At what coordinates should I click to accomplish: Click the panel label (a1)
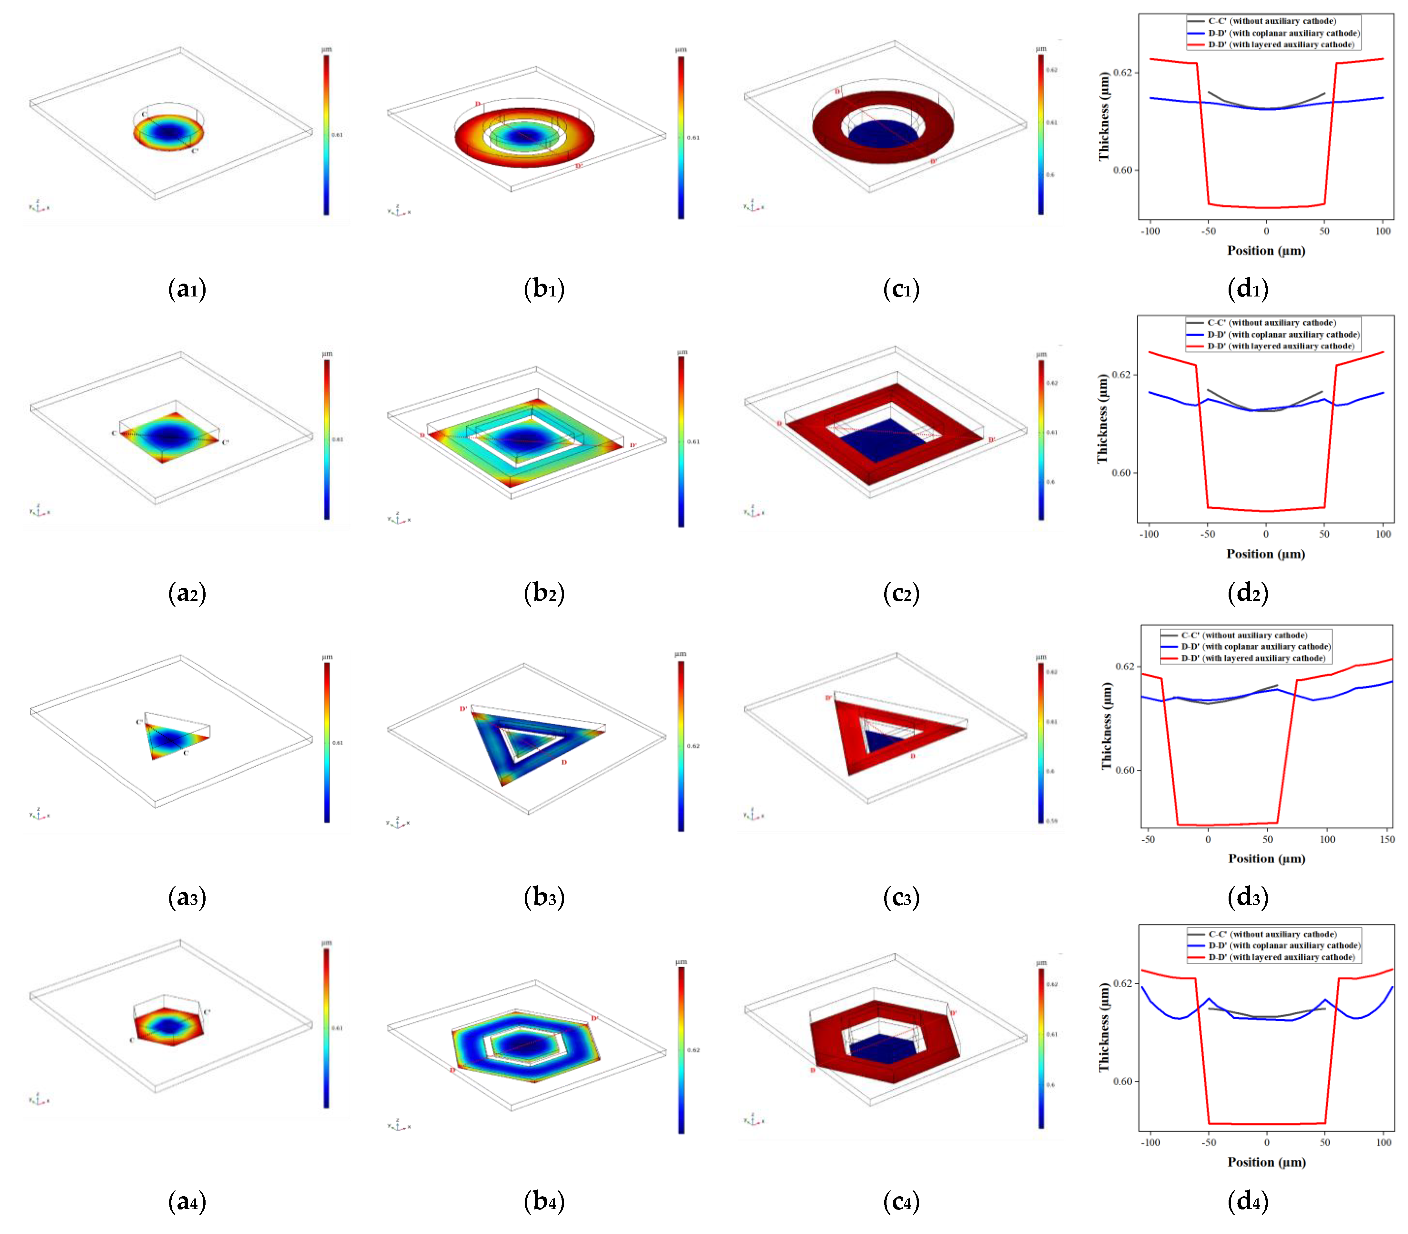[x=187, y=289]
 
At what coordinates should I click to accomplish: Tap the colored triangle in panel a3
[x=172, y=740]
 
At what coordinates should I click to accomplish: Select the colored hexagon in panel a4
[x=169, y=1026]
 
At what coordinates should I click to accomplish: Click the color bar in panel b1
[x=681, y=138]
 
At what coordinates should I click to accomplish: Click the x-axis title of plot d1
[x=1266, y=251]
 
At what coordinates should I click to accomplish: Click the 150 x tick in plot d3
[x=1387, y=839]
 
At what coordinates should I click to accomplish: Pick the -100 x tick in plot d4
[x=1150, y=1142]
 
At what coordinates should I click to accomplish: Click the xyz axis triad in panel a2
[x=39, y=510]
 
